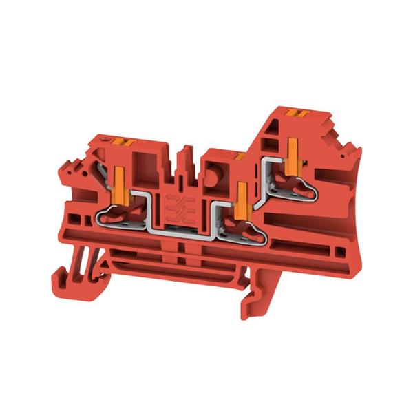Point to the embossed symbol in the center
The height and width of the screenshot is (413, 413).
178,207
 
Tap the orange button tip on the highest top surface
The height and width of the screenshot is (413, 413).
296,112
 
